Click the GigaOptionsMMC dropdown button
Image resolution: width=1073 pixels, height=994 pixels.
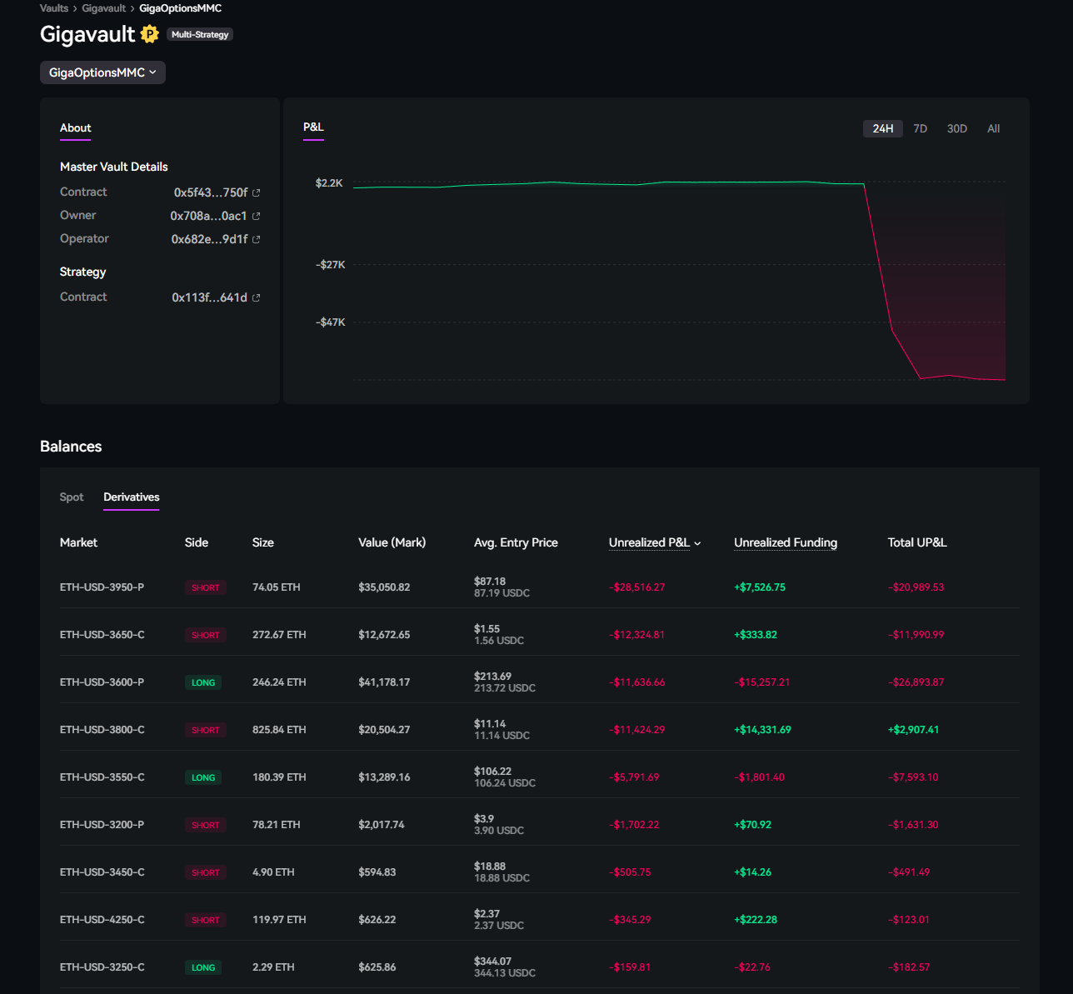point(102,72)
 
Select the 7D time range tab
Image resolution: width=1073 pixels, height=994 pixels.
point(920,128)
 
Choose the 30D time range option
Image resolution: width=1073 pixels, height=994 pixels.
point(956,128)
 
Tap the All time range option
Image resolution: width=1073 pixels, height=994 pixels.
point(993,128)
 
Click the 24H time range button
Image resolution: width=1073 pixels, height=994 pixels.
point(882,128)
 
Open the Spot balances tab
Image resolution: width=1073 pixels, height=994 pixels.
point(72,497)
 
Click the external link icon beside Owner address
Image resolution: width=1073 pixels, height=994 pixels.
point(256,216)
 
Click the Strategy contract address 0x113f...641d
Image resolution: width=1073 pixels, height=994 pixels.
point(209,297)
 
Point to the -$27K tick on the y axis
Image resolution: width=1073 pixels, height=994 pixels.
point(330,265)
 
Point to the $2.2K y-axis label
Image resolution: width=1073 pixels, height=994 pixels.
point(329,183)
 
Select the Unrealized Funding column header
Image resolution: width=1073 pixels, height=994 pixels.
point(785,542)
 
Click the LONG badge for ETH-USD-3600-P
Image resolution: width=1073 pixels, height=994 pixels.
point(203,682)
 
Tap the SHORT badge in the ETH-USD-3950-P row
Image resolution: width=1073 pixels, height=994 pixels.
point(205,587)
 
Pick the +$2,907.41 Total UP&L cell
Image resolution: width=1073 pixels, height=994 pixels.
point(913,730)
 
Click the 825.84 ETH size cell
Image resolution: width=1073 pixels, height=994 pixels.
point(279,730)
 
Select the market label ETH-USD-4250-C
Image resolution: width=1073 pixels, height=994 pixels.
point(102,920)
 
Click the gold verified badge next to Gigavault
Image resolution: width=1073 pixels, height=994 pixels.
point(150,34)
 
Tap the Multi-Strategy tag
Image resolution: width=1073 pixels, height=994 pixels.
point(200,35)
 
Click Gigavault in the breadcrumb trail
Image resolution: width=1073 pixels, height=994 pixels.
point(103,8)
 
